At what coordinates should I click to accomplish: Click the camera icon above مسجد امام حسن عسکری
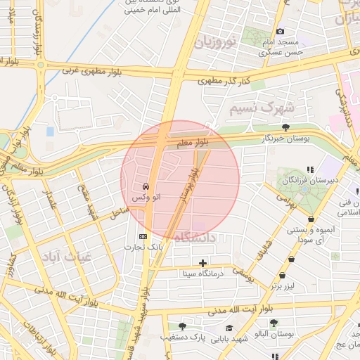click(281, 32)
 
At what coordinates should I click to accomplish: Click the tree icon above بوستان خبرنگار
click(285, 127)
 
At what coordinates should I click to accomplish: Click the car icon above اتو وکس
click(145, 187)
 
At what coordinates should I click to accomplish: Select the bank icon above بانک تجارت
click(143, 236)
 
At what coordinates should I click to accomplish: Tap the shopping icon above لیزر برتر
click(283, 276)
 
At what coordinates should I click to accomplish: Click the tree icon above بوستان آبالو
click(274, 324)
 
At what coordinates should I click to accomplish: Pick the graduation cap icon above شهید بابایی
click(229, 328)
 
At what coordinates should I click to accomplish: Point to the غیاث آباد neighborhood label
click(67, 255)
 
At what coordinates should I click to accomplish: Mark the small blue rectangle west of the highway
click(50, 131)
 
